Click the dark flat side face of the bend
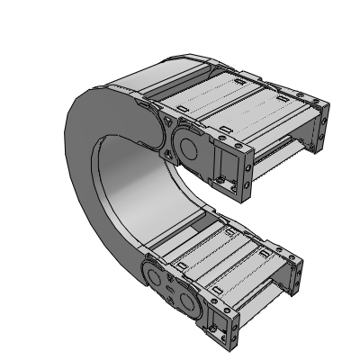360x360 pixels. click(x=90, y=180)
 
